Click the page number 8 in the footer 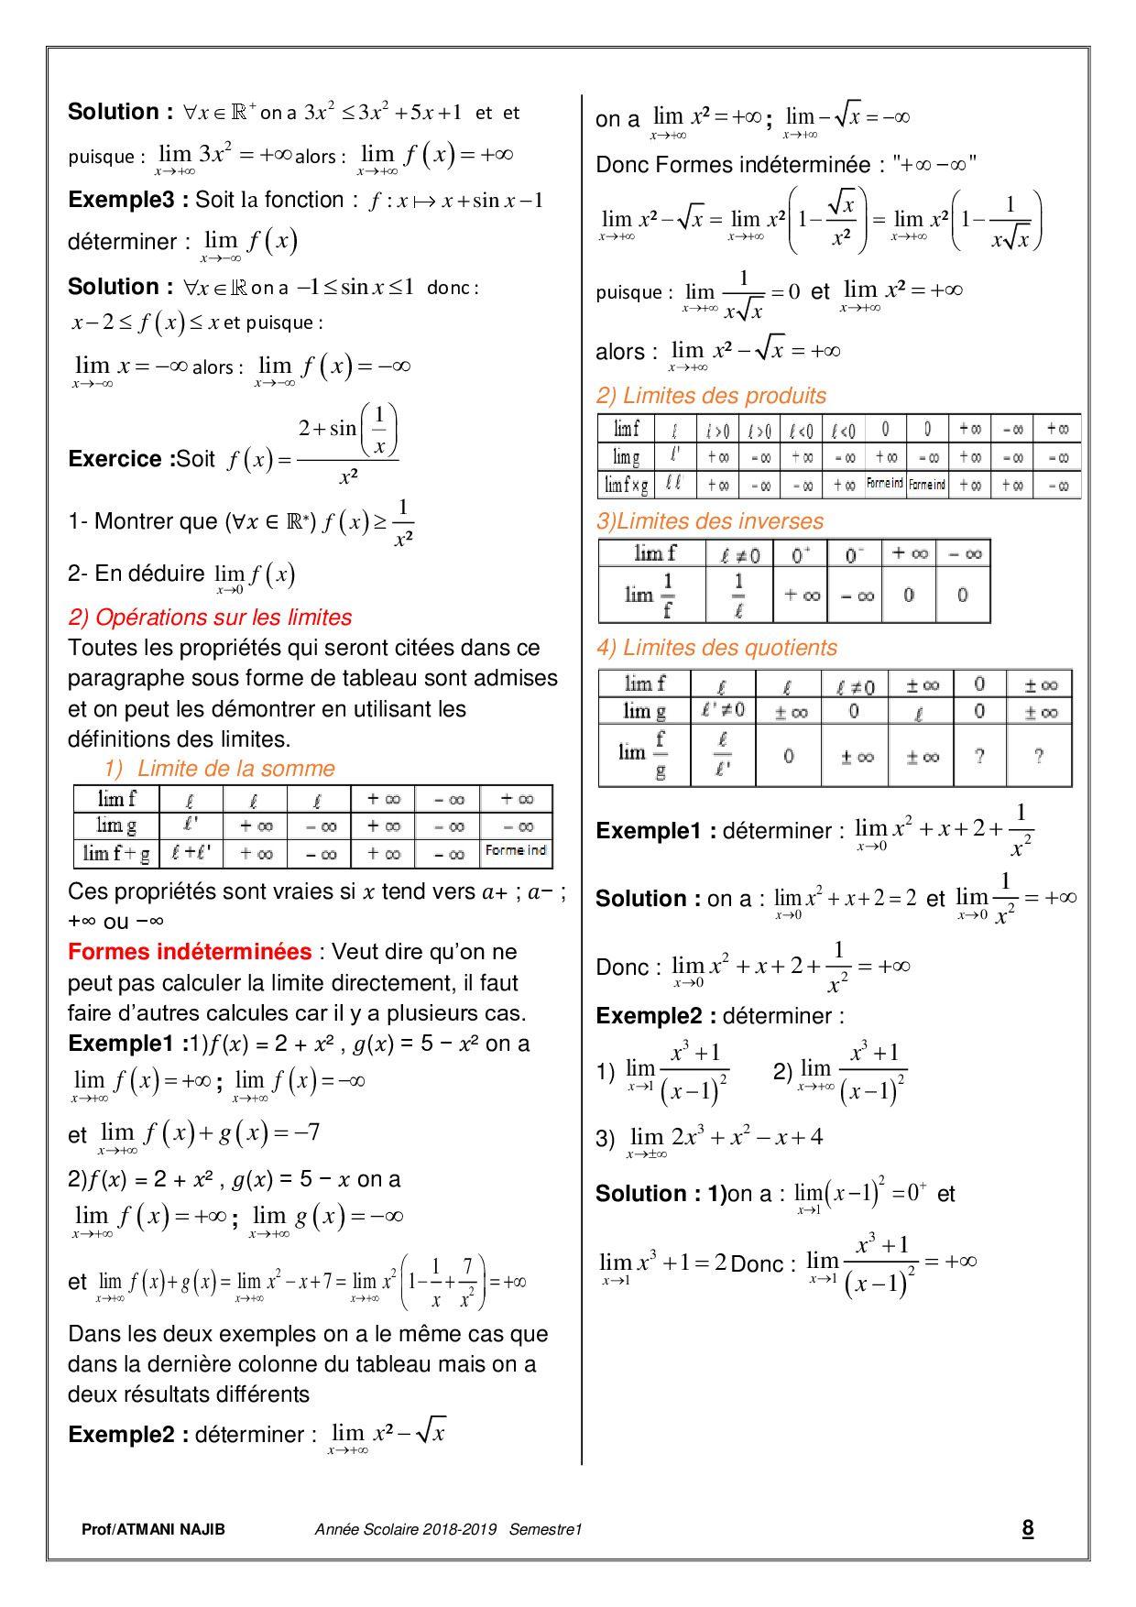click(1027, 1527)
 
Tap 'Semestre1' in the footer click(545, 1529)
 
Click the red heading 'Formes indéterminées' click(190, 952)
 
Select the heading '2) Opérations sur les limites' click(210, 618)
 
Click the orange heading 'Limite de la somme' click(235, 769)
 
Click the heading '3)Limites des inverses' click(709, 521)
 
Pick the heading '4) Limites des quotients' click(716, 648)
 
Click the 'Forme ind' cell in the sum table click(516, 851)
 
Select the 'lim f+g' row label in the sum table click(115, 854)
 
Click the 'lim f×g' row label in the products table click(626, 484)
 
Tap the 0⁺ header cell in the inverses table click(801, 554)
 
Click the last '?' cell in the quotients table click(1038, 756)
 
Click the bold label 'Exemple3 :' click(127, 200)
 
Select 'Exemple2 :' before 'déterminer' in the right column click(655, 1016)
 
